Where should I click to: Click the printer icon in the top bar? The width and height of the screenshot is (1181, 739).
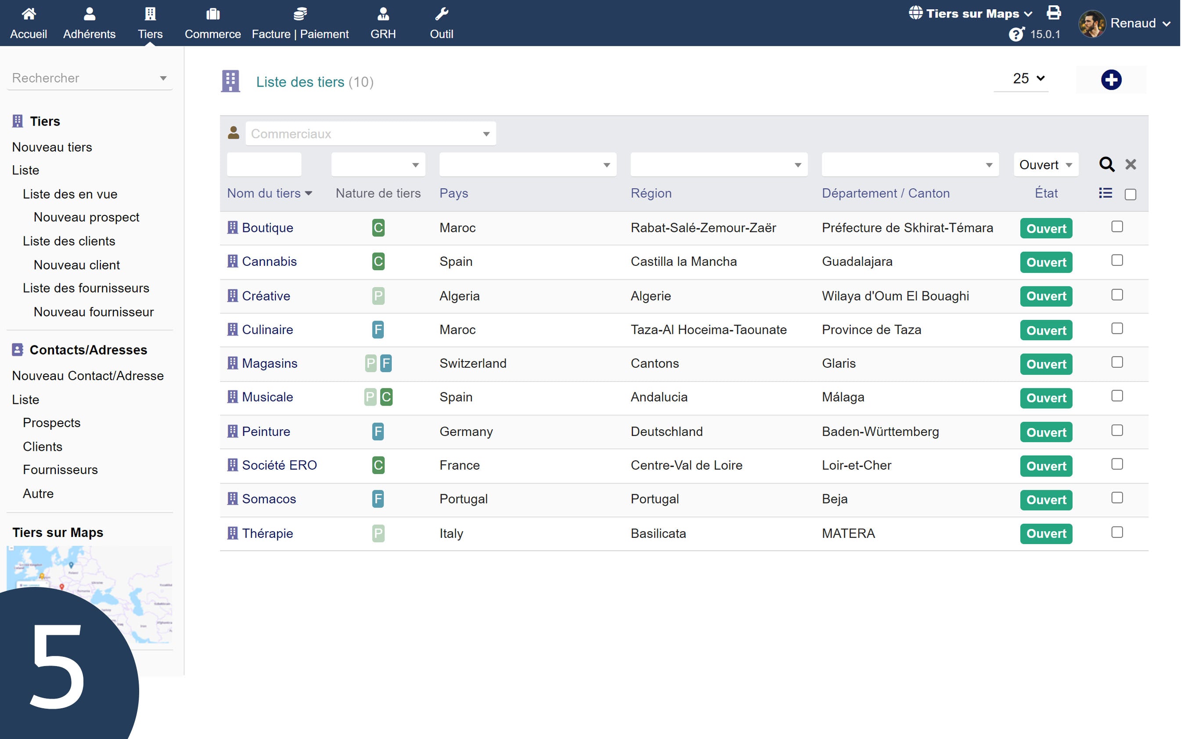tap(1054, 13)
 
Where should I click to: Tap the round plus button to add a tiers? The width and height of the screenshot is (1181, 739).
tap(1111, 80)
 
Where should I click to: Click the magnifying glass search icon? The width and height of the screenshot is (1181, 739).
tap(1106, 164)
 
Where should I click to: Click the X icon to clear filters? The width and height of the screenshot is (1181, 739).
tap(1130, 164)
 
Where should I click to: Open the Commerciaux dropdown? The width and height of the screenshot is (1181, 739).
tap(370, 134)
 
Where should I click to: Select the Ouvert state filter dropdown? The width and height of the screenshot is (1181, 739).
tap(1045, 165)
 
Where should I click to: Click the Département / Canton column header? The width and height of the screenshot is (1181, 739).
tap(886, 193)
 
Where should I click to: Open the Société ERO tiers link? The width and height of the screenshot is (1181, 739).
tap(279, 465)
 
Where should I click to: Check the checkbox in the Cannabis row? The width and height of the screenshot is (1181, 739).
tap(1116, 260)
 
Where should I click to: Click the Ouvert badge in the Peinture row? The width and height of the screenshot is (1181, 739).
tap(1046, 432)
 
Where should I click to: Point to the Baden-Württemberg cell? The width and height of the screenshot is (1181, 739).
tap(880, 431)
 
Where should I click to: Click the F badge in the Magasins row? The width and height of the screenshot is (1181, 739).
tap(386, 363)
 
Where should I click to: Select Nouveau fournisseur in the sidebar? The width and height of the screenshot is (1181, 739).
tap(94, 312)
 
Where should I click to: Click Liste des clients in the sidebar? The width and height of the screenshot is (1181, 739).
tap(69, 241)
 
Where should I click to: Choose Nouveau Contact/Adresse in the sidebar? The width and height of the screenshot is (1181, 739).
tap(88, 375)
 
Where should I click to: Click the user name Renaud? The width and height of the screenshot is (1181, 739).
tap(1133, 23)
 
